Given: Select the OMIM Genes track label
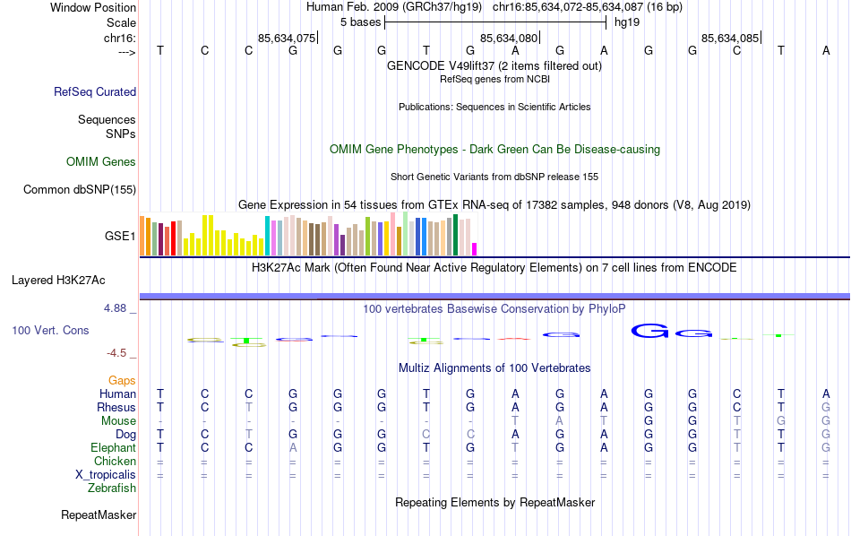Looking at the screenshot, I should tap(101, 162).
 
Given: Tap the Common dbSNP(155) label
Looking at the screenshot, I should tap(80, 189).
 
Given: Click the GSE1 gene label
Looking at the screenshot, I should tap(120, 237).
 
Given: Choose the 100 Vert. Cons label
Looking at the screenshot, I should tap(50, 331).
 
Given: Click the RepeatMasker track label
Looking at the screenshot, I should tap(99, 515).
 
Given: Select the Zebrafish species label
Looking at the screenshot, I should tap(112, 488).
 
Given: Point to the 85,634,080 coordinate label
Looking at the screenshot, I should tap(509, 39).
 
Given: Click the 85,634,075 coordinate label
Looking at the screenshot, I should tap(286, 39).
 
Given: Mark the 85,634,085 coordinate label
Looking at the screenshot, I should tap(730, 39).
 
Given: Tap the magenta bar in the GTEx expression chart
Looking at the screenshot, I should tap(475, 249).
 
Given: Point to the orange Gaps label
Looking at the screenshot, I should tap(122, 380).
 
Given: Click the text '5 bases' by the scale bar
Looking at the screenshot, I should tap(360, 22).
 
